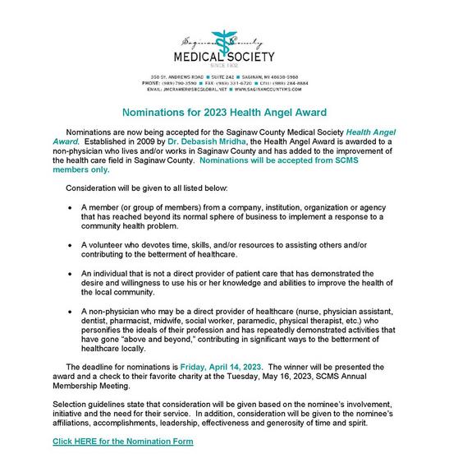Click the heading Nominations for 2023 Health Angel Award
tap(224, 110)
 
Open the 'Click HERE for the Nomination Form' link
tap(123, 442)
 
